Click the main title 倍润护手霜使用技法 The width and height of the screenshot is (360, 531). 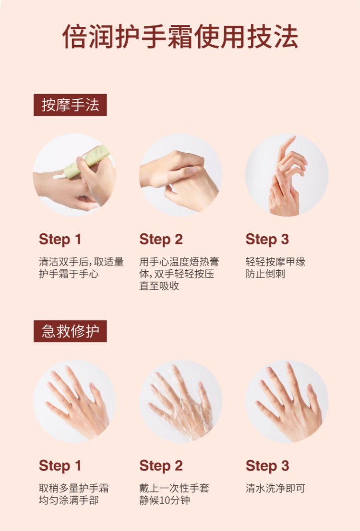point(180,36)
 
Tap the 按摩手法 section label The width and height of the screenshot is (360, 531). point(70,105)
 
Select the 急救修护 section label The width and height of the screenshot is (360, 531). point(70,331)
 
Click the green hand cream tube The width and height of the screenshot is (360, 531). point(87,161)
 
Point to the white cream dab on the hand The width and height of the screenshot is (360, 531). point(60,176)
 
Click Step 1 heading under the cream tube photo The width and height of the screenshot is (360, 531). point(60,239)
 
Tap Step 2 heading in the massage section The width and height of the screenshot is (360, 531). point(161,239)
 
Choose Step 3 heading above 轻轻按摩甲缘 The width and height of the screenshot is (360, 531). point(267,239)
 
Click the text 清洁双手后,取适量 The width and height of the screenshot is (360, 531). point(81,262)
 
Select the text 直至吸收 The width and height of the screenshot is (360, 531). point(159,286)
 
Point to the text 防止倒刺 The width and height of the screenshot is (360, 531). point(265,274)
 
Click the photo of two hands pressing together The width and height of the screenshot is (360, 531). point(180,175)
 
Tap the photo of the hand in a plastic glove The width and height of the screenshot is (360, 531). point(180,401)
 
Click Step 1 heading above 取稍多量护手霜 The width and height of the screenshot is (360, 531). point(60,466)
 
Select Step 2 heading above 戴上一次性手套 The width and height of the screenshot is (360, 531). point(161,466)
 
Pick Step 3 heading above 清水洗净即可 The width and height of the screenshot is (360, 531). point(267,466)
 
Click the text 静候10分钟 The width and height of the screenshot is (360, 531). point(165,500)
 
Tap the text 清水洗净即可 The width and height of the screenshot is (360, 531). point(276,488)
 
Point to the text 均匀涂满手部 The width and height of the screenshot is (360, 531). point(69,500)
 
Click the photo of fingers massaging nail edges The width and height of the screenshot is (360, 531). point(287,175)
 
